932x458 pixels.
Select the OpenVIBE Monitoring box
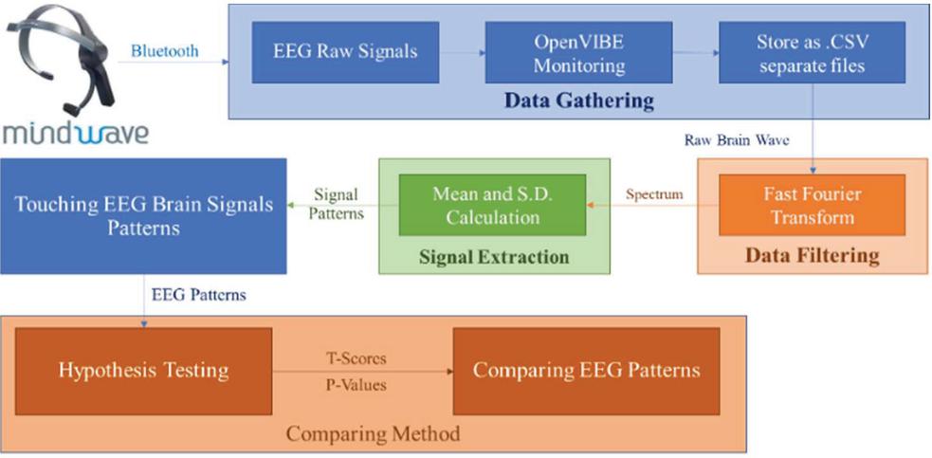click(x=578, y=53)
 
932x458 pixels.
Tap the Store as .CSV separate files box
click(x=811, y=53)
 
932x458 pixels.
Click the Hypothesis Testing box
click(x=143, y=371)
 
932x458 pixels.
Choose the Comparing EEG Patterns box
click(x=586, y=371)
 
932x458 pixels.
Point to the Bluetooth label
click(x=165, y=51)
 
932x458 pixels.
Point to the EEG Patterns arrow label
click(x=199, y=295)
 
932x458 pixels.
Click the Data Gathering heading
click(x=578, y=101)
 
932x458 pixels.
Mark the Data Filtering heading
click(x=812, y=255)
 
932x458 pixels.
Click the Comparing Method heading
click(x=373, y=434)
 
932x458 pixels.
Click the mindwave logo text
click(x=75, y=132)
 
